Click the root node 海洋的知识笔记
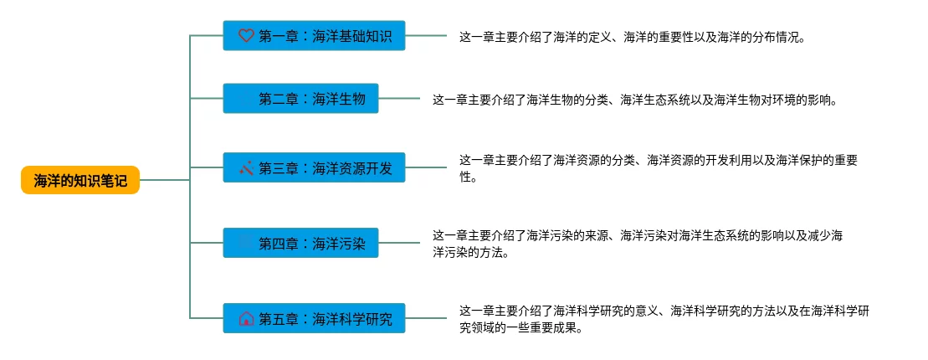[x=80, y=180]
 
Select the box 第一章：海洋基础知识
[x=314, y=36]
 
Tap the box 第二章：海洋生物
[x=300, y=100]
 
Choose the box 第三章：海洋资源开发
[x=314, y=169]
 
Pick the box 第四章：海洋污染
[x=300, y=244]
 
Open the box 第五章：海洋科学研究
[x=314, y=318]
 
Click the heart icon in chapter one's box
[x=246, y=36]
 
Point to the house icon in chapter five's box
[x=246, y=318]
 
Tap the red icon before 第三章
[x=246, y=169]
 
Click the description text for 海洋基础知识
[x=632, y=37]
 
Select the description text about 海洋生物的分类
[x=634, y=100]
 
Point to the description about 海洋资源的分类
[x=658, y=168]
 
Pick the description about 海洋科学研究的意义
[x=664, y=318]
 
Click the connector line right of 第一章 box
[x=426, y=36]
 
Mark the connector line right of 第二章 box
[x=399, y=100]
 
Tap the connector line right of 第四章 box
[x=399, y=244]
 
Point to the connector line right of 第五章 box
[x=426, y=318]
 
